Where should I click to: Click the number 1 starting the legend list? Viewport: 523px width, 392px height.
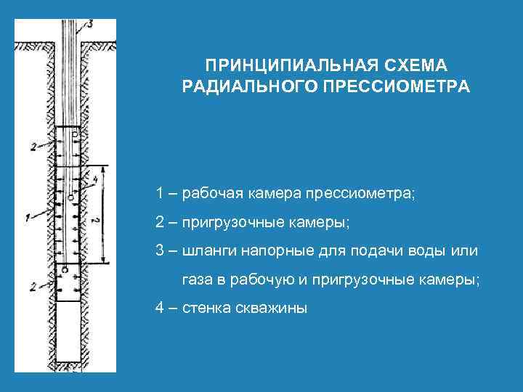pyautogui.click(x=158, y=194)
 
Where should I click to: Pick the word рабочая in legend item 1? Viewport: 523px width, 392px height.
pyautogui.click(x=212, y=194)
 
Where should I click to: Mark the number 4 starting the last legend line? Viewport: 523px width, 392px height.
pyautogui.click(x=159, y=308)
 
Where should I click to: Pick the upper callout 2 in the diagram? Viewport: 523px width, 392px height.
pyautogui.click(x=32, y=147)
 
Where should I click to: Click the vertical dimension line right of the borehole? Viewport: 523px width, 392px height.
pyautogui.click(x=104, y=214)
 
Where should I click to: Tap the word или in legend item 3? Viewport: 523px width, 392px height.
pyautogui.click(x=465, y=251)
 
